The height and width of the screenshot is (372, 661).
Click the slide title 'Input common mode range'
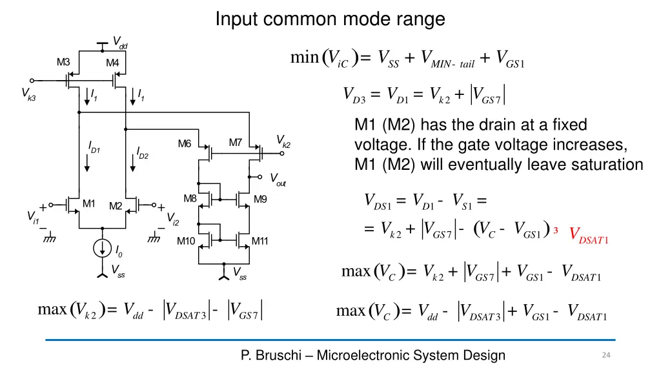[x=330, y=19]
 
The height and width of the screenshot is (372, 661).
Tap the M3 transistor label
[x=63, y=63]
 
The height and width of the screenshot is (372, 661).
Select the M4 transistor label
[x=112, y=63]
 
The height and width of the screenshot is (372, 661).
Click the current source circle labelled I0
[x=102, y=248]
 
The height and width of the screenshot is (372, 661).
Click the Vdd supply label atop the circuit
[x=120, y=43]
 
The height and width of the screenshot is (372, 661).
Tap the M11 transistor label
[x=259, y=242]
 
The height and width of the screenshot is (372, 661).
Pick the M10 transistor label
[x=186, y=242]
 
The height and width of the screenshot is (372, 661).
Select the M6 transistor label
[x=185, y=144]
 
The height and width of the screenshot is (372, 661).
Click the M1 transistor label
[x=88, y=203]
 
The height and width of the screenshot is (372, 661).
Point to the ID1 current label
[x=94, y=147]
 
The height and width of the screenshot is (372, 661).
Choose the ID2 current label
[x=143, y=153]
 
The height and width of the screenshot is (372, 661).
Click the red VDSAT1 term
[x=589, y=235]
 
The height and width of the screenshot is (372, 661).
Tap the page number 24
[x=606, y=355]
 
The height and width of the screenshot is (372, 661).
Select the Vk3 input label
[x=28, y=94]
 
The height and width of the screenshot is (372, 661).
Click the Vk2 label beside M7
[x=283, y=141]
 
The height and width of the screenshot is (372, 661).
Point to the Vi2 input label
[x=173, y=219]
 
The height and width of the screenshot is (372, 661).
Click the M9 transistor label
[x=260, y=199]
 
